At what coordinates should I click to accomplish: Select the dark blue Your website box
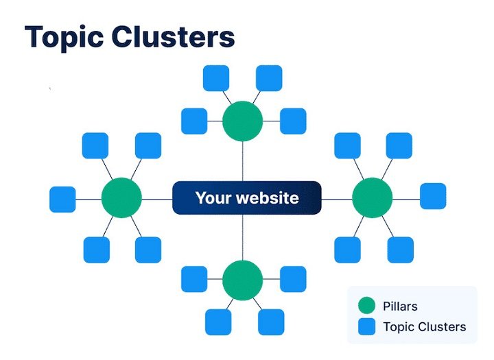click(246, 198)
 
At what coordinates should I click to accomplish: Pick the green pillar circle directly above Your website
click(243, 121)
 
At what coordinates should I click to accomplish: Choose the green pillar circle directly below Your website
click(243, 280)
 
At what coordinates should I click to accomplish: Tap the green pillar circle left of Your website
click(121, 198)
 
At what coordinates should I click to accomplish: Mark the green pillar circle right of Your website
click(373, 198)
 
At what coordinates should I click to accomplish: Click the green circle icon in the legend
click(367, 305)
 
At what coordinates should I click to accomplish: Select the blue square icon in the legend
click(367, 326)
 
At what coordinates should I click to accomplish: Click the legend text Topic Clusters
click(425, 326)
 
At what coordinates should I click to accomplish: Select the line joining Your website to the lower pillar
click(243, 237)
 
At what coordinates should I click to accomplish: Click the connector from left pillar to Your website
click(156, 199)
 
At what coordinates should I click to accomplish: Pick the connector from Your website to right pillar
click(336, 199)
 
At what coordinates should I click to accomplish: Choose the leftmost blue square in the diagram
click(62, 199)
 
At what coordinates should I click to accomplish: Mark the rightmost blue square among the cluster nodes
click(433, 196)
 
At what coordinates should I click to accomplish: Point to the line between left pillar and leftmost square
click(89, 199)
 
